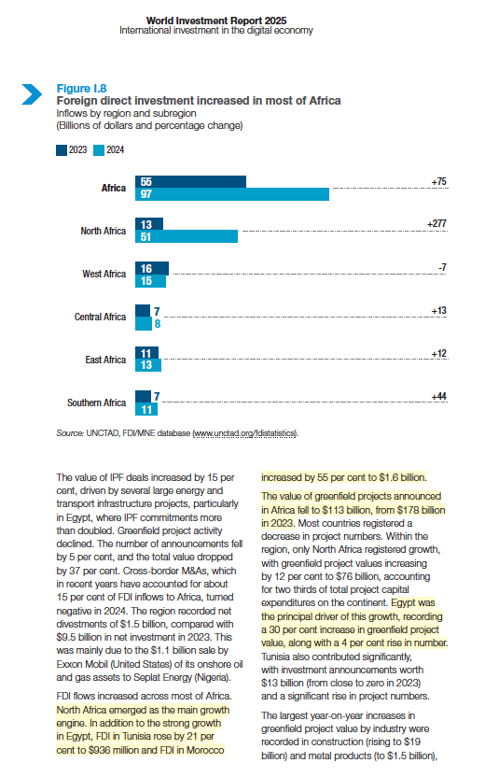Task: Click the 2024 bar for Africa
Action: (233, 194)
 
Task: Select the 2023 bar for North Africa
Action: (149, 224)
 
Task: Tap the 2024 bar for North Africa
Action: (187, 237)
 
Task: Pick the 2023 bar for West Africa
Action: (152, 267)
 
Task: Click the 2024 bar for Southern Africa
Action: (145, 409)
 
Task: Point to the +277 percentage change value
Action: (436, 224)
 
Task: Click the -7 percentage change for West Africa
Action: (442, 267)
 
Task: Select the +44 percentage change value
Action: (437, 397)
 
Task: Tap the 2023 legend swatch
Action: (62, 148)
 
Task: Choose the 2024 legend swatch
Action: (98, 148)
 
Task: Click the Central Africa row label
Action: (100, 318)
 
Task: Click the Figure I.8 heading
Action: (80, 88)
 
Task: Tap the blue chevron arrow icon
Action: (33, 93)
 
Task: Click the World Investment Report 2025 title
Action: (215, 20)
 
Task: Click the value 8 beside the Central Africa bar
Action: (156, 324)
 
